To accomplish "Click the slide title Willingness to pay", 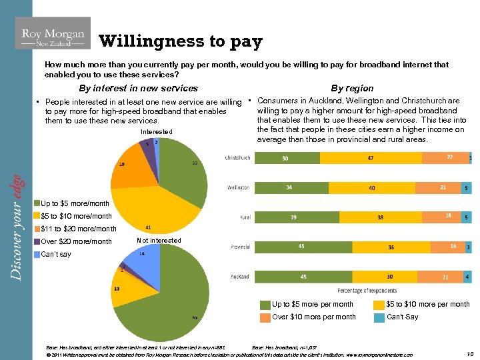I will pyautogui.click(x=181, y=42).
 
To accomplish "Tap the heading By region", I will pyautogui.click(x=352, y=88).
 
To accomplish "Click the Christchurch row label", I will pyautogui.click(x=237, y=158).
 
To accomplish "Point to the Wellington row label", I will pyautogui.click(x=239, y=188).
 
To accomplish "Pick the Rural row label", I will pyautogui.click(x=245, y=217).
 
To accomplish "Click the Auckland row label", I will pyautogui.click(x=240, y=276).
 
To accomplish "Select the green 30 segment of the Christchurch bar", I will pyautogui.click(x=285, y=158).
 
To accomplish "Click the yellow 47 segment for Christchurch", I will pyautogui.click(x=369, y=158).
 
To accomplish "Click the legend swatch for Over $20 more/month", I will pyautogui.click(x=37, y=241).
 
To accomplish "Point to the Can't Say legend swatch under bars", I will pyautogui.click(x=381, y=317).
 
